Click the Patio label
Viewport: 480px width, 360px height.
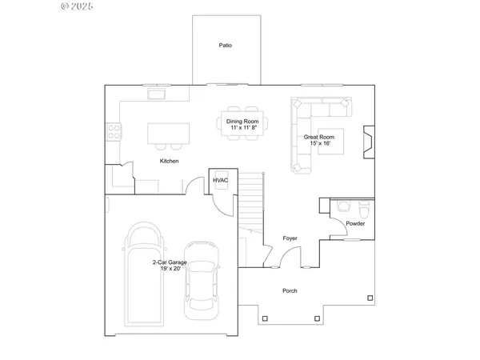tap(226, 46)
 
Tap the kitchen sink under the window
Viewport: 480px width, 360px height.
tap(154, 95)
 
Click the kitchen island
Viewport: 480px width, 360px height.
tap(168, 133)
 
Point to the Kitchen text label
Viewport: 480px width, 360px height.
tap(169, 161)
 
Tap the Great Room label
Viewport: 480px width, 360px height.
tap(318, 137)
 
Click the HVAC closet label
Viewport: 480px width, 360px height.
tap(220, 180)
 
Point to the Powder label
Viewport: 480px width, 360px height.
tap(355, 224)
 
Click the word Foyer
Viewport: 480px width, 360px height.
tap(290, 238)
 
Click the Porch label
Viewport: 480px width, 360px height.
tap(290, 291)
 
